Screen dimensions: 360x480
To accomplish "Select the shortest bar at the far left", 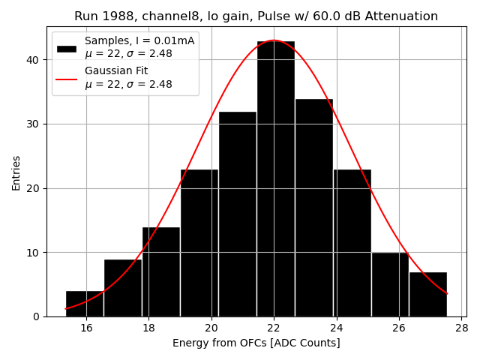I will coord(84,304).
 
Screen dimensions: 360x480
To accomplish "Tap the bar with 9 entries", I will coord(122,288).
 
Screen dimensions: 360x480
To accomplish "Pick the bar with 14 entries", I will coord(160,271).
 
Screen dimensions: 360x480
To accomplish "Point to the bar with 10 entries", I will coord(390,285).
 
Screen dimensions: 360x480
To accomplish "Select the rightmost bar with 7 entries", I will coord(428,295).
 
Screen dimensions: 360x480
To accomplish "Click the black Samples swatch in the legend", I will coord(67,48).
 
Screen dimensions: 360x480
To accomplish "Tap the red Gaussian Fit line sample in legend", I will coord(67,78).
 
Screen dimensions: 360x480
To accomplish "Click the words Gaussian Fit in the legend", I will coord(116,70).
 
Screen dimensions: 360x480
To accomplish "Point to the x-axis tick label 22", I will coord(274,328).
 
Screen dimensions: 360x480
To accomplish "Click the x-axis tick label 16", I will coord(86,328).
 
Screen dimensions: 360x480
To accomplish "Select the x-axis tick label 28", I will coord(461,328).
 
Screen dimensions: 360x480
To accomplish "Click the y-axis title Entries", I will coord(16,172).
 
